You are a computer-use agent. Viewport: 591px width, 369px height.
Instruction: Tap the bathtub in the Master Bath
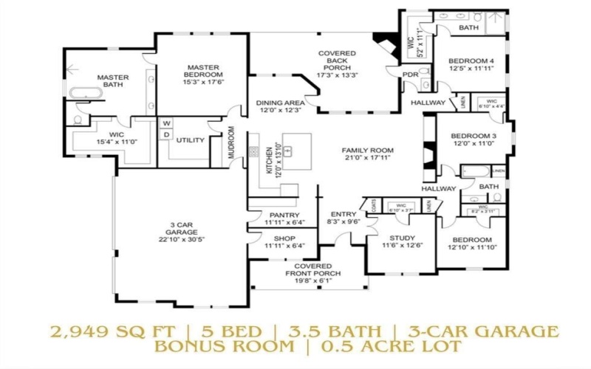click(86, 94)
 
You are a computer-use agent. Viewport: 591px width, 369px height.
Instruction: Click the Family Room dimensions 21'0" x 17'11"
click(368, 159)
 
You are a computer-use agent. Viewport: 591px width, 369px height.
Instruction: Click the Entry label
click(344, 214)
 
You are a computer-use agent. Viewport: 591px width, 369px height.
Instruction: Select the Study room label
click(397, 238)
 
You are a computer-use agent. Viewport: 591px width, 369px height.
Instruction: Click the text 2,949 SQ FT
click(95, 329)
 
